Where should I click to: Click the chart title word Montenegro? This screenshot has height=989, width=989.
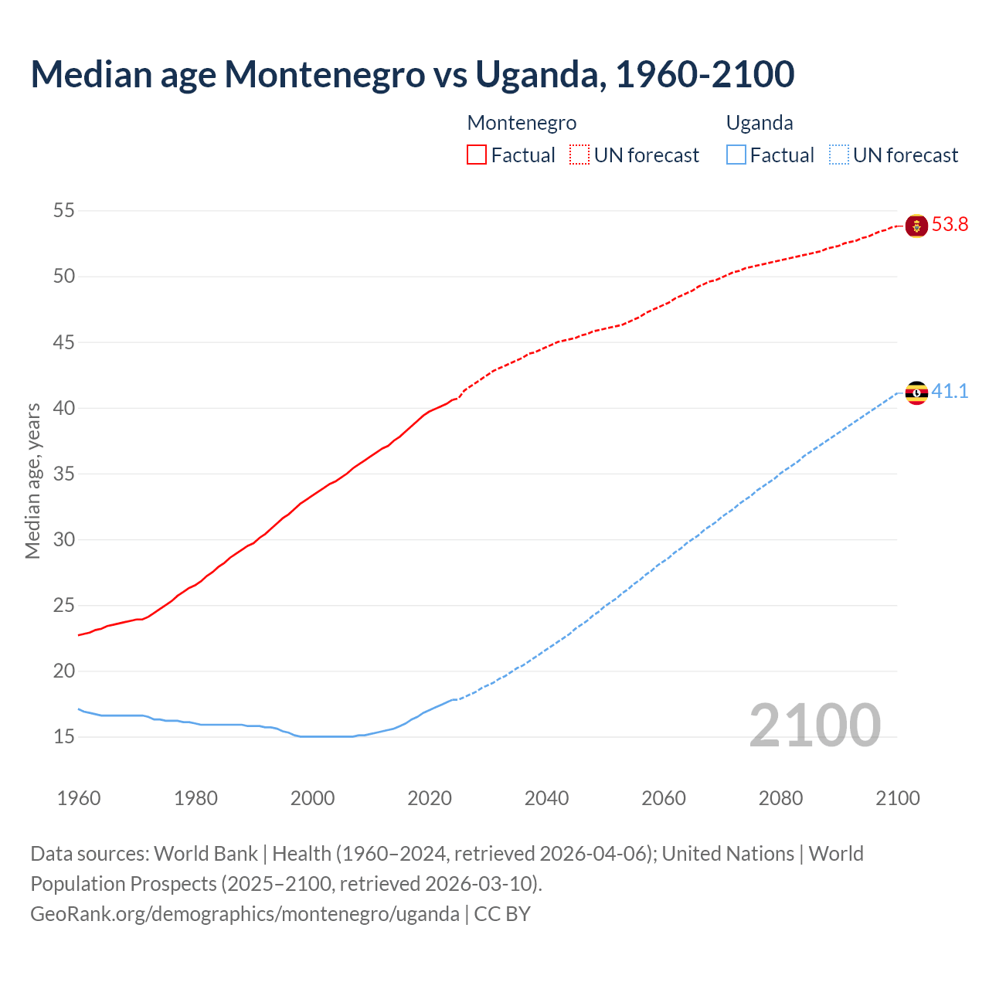(x=325, y=74)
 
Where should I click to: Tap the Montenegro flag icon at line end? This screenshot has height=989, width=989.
(x=916, y=226)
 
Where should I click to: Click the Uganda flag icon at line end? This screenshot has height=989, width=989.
(x=916, y=393)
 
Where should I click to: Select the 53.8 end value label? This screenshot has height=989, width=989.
(x=950, y=225)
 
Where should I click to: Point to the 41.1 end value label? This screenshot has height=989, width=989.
(x=950, y=392)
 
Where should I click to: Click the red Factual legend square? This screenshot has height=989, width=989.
(x=477, y=155)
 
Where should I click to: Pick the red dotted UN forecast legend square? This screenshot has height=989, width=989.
(x=579, y=155)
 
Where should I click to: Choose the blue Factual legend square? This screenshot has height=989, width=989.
(x=736, y=155)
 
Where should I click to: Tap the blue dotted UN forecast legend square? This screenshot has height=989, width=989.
(x=839, y=155)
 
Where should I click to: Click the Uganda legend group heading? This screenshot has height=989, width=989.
(x=760, y=123)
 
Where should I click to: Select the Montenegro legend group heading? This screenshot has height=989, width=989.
(x=522, y=123)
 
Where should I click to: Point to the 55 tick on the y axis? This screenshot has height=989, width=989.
(x=64, y=210)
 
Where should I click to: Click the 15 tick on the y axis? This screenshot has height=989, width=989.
(x=64, y=736)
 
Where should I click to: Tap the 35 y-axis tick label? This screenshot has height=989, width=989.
(x=64, y=474)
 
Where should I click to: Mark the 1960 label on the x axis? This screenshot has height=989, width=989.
(x=79, y=798)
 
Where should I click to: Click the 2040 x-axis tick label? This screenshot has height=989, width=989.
(x=546, y=798)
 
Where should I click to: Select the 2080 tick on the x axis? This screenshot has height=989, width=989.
(x=780, y=798)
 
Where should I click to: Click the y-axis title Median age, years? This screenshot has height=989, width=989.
(x=32, y=481)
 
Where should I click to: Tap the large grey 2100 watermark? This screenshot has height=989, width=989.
(x=814, y=725)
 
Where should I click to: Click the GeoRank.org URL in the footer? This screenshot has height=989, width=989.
(x=244, y=914)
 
